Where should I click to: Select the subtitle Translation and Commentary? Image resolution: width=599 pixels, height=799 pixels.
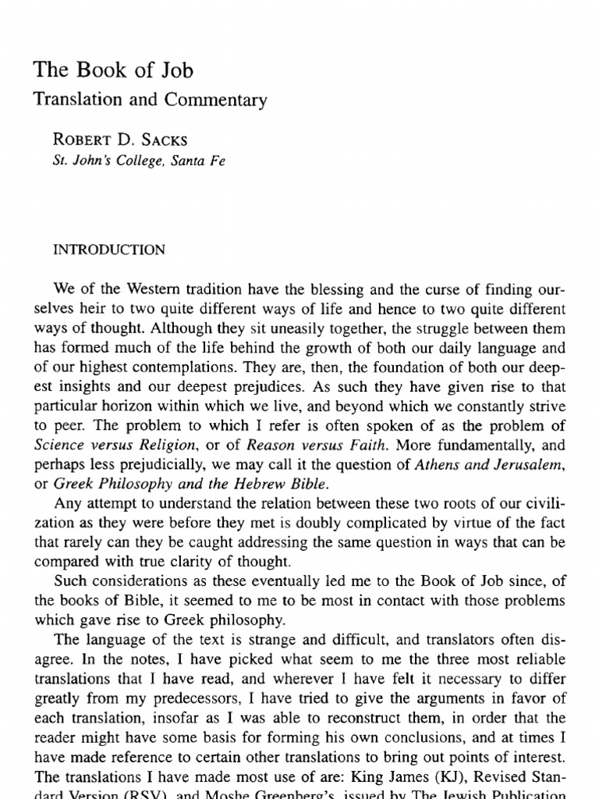click(150, 100)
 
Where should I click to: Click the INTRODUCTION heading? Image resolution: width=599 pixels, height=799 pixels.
click(108, 250)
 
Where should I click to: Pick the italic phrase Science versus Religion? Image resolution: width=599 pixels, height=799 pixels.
click(109, 445)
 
